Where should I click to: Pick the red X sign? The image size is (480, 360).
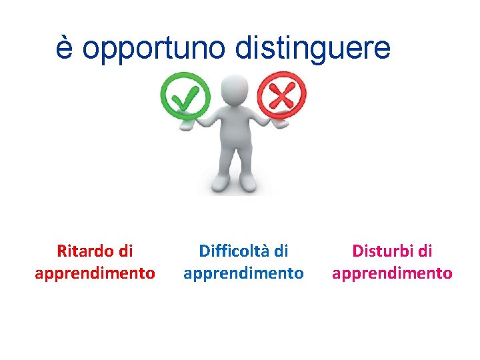coord(281,96)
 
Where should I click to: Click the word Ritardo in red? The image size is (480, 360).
coord(85,251)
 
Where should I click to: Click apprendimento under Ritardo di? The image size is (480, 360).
coord(95,273)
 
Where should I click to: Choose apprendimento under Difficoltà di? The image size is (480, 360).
coord(243,273)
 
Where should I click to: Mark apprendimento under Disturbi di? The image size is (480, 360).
coord(392,273)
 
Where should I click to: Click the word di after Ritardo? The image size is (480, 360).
coord(125,251)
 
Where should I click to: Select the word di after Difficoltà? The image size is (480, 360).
coord(281,251)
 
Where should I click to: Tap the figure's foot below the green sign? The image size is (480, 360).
coord(221,184)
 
